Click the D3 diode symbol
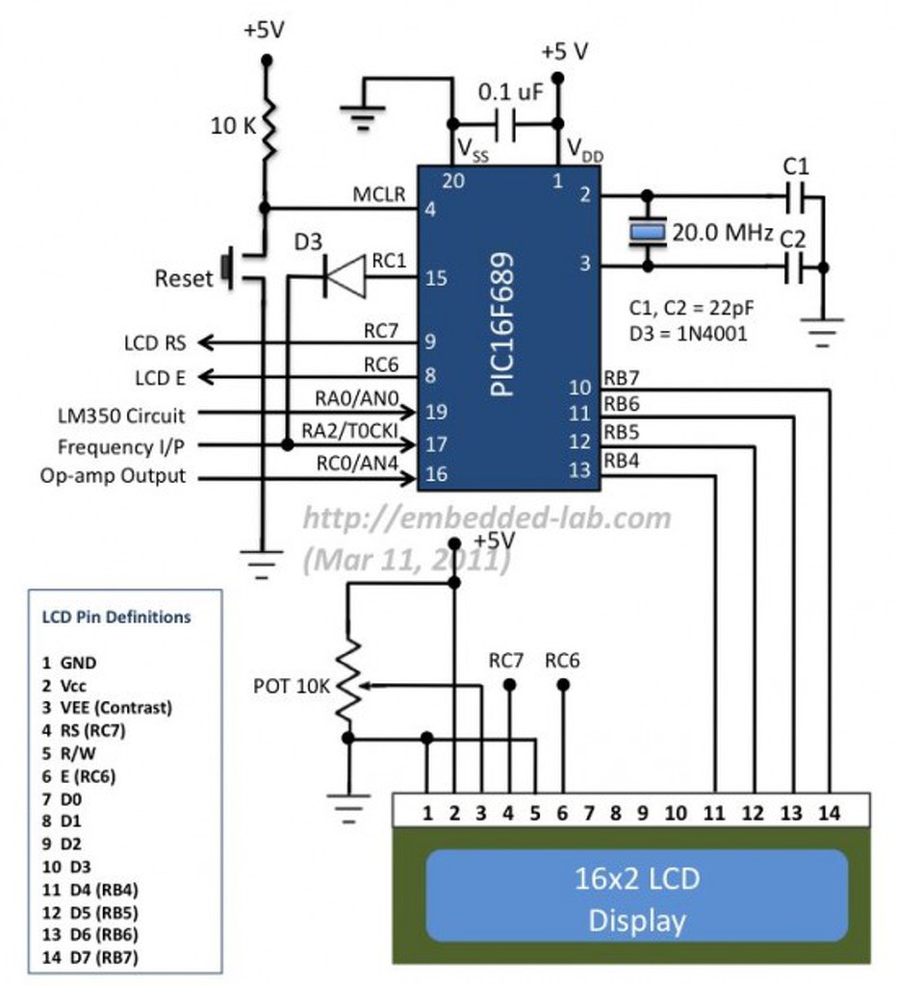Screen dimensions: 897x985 point(344,276)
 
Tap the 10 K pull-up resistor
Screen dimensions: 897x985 point(268,129)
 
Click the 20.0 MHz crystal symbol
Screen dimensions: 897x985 point(648,232)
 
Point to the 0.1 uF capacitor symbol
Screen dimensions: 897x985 point(505,124)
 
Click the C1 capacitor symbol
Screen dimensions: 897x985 point(795,197)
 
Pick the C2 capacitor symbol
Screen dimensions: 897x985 point(795,267)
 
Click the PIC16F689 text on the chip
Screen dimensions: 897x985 point(502,324)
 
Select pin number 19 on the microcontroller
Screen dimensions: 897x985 point(436,412)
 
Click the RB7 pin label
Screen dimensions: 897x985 point(621,377)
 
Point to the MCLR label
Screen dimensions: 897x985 point(379,194)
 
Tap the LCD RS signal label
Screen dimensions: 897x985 point(155,343)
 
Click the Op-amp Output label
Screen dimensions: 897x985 point(114,476)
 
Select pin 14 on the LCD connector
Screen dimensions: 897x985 point(829,813)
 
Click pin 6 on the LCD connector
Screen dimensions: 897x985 point(562,813)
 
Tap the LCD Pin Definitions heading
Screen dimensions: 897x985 point(116,617)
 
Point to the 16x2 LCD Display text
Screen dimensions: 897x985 point(637,899)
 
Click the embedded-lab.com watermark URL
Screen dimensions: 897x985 point(487,518)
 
